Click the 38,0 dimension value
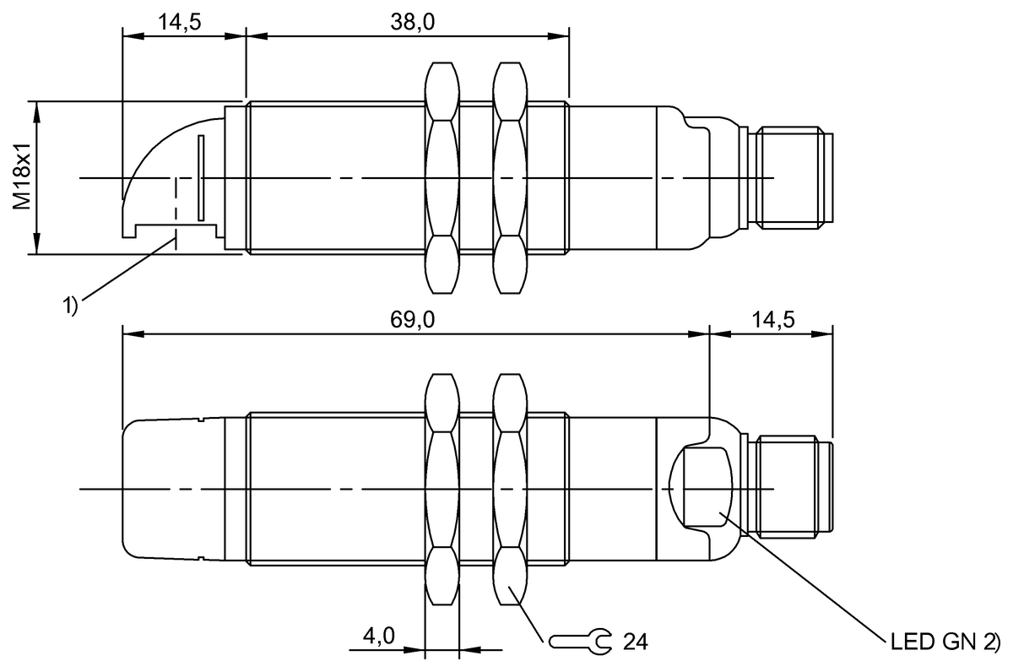click(412, 23)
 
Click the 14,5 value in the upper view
click(179, 23)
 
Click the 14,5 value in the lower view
click(770, 321)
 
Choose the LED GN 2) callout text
click(945, 640)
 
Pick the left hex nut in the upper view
click(443, 178)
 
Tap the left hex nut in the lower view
click(443, 490)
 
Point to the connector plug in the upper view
click(791, 177)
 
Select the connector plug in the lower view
click(794, 488)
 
